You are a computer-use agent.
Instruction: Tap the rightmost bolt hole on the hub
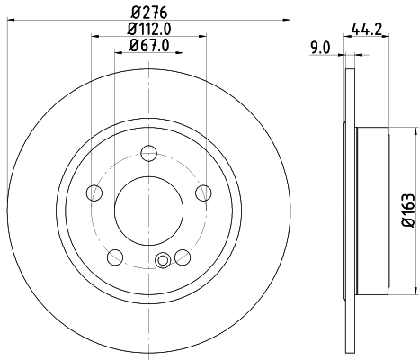(x=203, y=191)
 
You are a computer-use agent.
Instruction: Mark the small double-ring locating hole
(x=163, y=262)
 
